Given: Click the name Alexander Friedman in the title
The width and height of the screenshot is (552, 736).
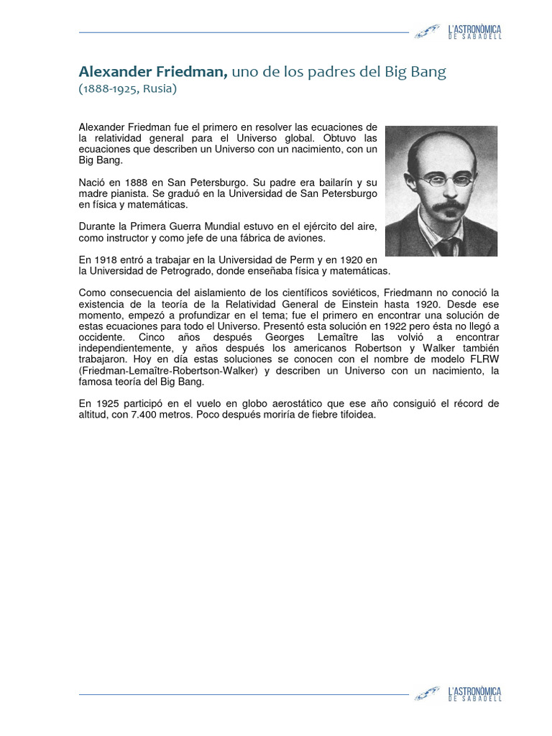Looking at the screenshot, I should coord(152,72).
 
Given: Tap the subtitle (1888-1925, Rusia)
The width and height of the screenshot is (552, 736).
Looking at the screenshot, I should coord(126,90).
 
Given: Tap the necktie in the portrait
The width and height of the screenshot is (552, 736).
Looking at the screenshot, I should coord(447,246).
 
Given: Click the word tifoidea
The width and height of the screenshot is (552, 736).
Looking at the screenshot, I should coord(354,415).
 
